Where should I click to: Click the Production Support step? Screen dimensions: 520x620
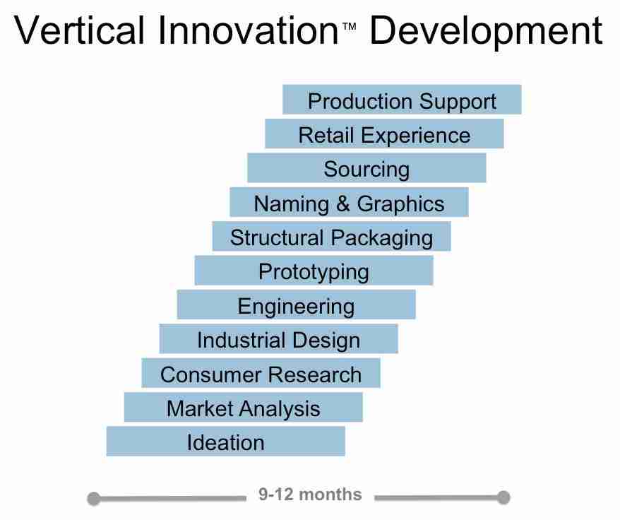point(402,100)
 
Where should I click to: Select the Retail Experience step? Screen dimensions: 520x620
point(384,134)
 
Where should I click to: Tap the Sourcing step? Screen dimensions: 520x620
point(366,169)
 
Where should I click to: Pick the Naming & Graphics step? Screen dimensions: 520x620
point(349,203)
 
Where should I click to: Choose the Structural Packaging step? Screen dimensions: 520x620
point(331,237)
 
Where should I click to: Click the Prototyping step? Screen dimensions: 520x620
point(314,271)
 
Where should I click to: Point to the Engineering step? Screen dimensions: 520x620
point(296,306)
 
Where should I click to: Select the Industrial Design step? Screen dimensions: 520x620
point(278,340)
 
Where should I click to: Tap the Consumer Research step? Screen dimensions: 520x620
point(261,374)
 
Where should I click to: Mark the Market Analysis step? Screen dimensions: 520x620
point(243,408)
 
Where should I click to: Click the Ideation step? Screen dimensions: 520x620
point(225,442)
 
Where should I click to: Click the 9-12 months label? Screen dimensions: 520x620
point(310,495)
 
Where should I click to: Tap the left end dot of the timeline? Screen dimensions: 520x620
point(93,499)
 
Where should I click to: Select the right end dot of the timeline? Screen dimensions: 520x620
point(503,497)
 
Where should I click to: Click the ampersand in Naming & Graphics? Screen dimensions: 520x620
point(342,204)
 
